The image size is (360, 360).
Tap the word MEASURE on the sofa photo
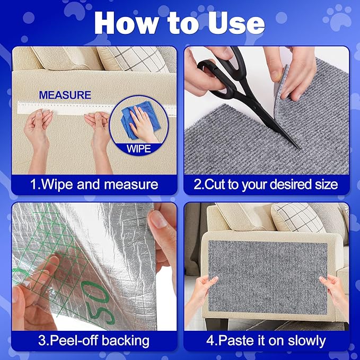point(65,95)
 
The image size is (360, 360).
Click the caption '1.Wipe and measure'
point(94,185)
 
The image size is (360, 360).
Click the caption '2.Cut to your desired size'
point(266,185)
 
